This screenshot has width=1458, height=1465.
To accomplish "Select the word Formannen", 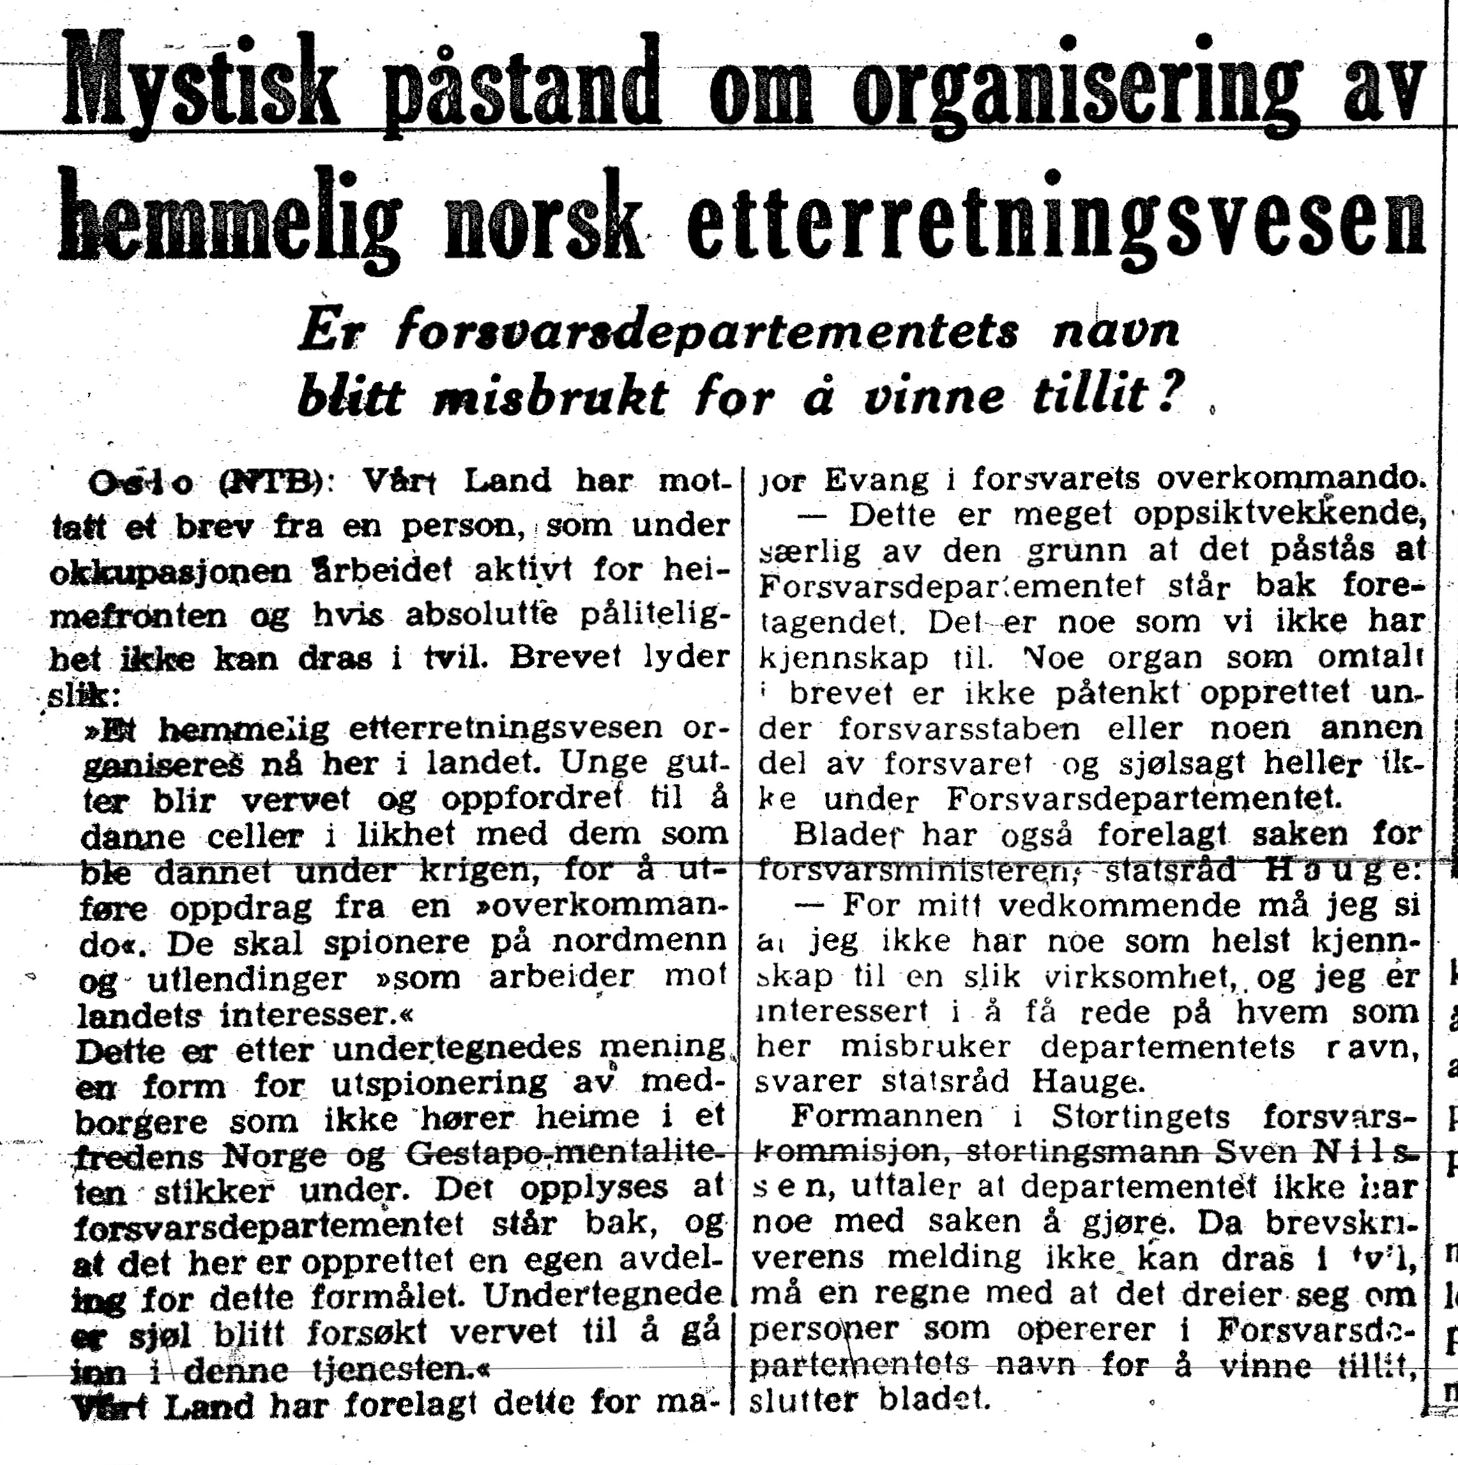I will pyautogui.click(x=887, y=1117).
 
